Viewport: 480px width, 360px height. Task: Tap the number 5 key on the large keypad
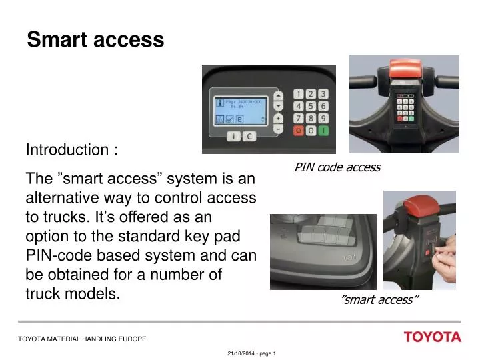click(x=311, y=106)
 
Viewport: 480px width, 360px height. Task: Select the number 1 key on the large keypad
click(x=299, y=94)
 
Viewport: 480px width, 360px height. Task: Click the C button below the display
click(x=248, y=137)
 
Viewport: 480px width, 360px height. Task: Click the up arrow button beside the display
click(x=279, y=93)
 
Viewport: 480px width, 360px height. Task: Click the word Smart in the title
click(x=56, y=40)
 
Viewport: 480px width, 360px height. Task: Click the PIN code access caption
click(x=337, y=167)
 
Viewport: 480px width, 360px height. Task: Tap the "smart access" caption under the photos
click(x=379, y=299)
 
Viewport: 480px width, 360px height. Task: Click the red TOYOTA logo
click(x=432, y=337)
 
